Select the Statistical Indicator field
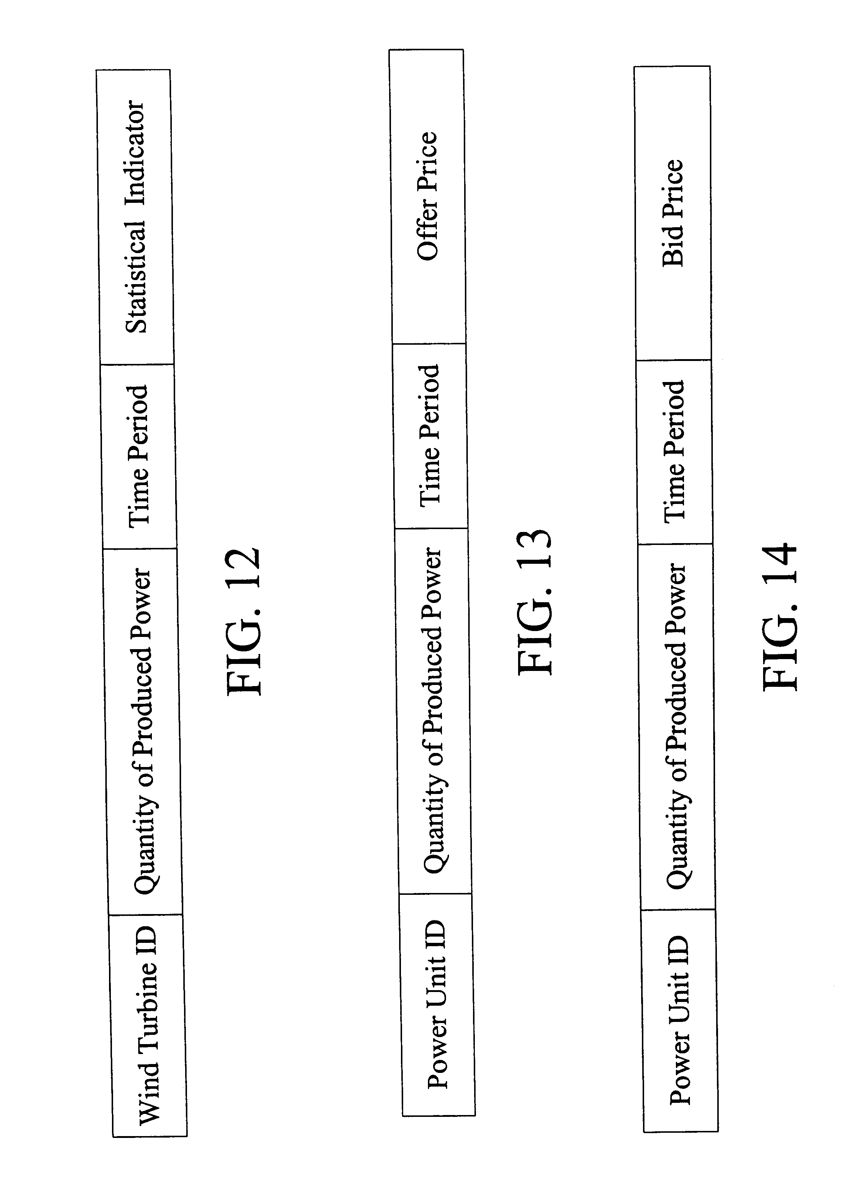[x=136, y=217]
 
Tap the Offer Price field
[x=428, y=196]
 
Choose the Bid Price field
[x=673, y=213]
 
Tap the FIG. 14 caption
[x=779, y=616]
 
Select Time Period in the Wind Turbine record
[x=138, y=456]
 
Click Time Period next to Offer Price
[x=430, y=436]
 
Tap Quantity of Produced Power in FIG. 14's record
[x=677, y=726]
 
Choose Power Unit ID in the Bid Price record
[x=680, y=1019]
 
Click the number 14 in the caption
[x=779, y=564]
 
